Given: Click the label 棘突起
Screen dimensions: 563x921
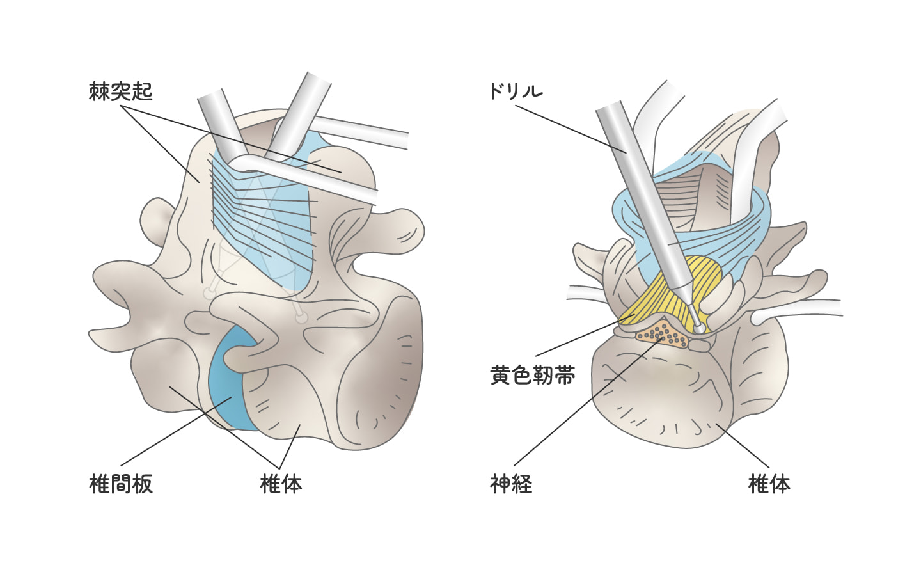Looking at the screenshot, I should pyautogui.click(x=121, y=91).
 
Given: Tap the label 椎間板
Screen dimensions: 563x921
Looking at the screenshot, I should pyautogui.click(x=121, y=484).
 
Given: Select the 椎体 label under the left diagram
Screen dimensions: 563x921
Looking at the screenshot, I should pyautogui.click(x=281, y=484).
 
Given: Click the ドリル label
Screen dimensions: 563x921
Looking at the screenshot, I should pyautogui.click(x=516, y=91).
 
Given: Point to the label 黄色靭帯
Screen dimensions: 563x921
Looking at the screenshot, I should pyautogui.click(x=532, y=375).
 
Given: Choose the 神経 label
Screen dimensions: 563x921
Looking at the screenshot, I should pyautogui.click(x=511, y=484).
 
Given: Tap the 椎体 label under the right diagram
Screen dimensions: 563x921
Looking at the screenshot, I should pyautogui.click(x=769, y=484).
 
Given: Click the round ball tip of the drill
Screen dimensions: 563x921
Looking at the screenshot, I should pyautogui.click(x=699, y=327).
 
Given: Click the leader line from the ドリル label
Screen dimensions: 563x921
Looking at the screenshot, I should pyautogui.click(x=569, y=128).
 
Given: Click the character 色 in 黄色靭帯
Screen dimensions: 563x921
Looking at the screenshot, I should pyautogui.click(x=522, y=375).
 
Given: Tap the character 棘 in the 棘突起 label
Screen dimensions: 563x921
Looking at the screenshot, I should pyautogui.click(x=100, y=91).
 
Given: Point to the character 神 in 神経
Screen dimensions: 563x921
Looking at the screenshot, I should pyautogui.click(x=500, y=484).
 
